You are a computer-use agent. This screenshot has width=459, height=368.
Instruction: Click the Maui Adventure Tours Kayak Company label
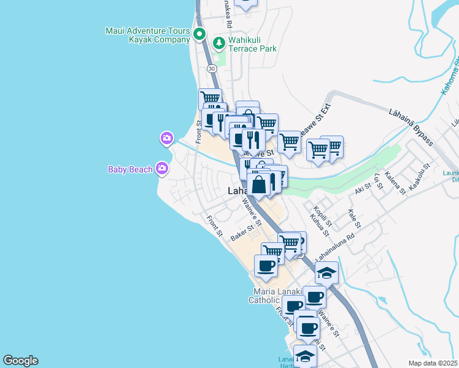pyautogui.click(x=148, y=35)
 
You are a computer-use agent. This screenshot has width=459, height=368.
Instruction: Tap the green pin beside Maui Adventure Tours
pyautogui.click(x=199, y=34)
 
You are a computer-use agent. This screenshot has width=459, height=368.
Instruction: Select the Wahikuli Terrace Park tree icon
pyautogui.click(x=218, y=44)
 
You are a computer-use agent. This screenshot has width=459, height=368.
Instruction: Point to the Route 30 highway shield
pyautogui.click(x=211, y=68)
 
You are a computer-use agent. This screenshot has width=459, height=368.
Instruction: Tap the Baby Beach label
pyautogui.click(x=130, y=169)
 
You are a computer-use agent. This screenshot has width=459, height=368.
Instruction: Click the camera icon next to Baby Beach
pyautogui.click(x=162, y=167)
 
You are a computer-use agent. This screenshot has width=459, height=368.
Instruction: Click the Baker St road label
pyautogui.click(x=242, y=234)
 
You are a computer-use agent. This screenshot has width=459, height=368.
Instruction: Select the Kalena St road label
pyautogui.click(x=395, y=183)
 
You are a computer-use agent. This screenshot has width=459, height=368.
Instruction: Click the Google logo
pyautogui.click(x=20, y=361)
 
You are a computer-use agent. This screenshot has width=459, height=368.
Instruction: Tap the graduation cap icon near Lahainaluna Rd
pyautogui.click(x=326, y=273)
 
